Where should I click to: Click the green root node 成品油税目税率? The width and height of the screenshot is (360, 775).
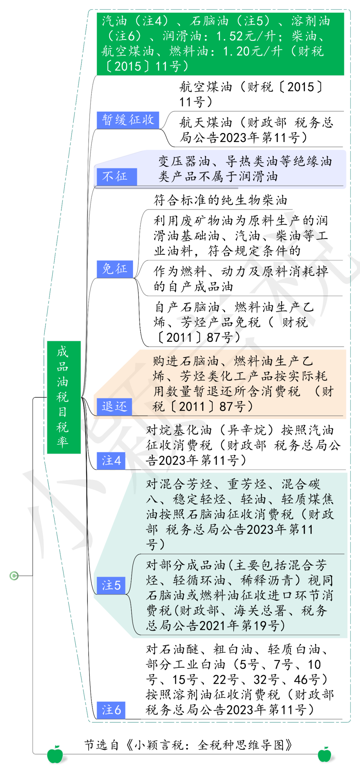64,397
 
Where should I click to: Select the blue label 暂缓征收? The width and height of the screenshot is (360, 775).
128,120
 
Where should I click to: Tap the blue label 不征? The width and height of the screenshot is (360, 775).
115,176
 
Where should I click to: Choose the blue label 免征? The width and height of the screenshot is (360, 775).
115,269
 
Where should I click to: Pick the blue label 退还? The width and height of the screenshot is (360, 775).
114,407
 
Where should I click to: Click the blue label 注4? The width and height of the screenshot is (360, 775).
111,461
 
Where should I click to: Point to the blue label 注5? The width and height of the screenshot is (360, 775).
111,585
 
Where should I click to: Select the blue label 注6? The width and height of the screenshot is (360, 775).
111,710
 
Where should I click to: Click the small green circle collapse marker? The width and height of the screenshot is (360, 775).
14,576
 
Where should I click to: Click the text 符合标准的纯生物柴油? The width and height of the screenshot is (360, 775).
220,200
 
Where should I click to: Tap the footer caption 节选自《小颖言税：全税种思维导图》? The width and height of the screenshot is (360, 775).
188,745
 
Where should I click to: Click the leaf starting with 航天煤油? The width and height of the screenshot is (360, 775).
256,130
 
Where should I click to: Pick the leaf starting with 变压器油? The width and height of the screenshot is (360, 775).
245,169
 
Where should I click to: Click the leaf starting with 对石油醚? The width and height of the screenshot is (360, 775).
239,680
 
